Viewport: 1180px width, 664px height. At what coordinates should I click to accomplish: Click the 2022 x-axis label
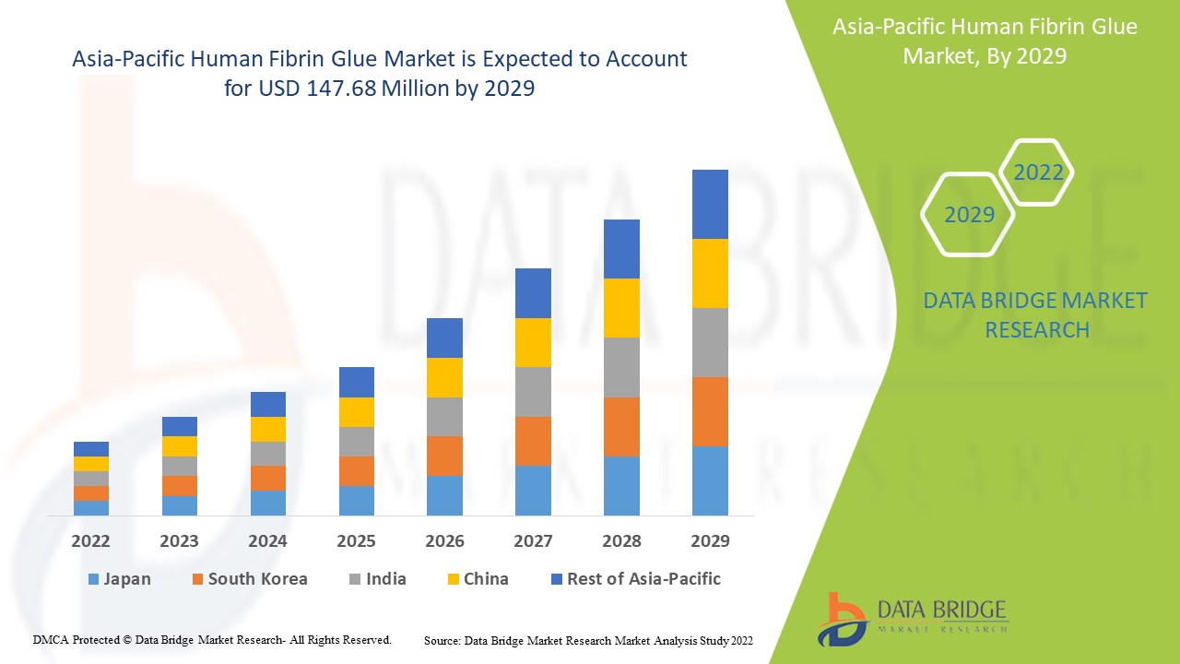tap(90, 540)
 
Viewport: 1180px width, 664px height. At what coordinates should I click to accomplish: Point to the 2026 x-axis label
tap(444, 540)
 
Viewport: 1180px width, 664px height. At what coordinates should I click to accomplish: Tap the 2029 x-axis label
tap(710, 540)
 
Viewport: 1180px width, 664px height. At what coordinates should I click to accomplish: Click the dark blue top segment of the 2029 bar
tap(710, 204)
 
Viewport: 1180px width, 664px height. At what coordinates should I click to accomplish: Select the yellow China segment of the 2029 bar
tap(710, 273)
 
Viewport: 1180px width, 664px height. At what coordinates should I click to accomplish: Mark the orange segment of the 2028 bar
tap(621, 426)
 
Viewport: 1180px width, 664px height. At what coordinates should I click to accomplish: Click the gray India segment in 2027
tap(533, 392)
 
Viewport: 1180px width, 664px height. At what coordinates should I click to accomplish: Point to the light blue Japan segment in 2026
tap(444, 495)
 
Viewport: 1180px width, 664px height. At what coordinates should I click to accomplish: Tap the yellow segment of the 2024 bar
tap(267, 429)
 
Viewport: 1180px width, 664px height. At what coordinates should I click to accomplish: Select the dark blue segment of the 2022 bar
tap(90, 448)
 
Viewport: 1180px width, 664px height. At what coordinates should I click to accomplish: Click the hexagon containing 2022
tap(1038, 172)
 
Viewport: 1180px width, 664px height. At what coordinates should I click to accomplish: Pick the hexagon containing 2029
tap(969, 214)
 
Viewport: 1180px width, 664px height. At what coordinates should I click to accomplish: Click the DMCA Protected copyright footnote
tap(212, 639)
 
